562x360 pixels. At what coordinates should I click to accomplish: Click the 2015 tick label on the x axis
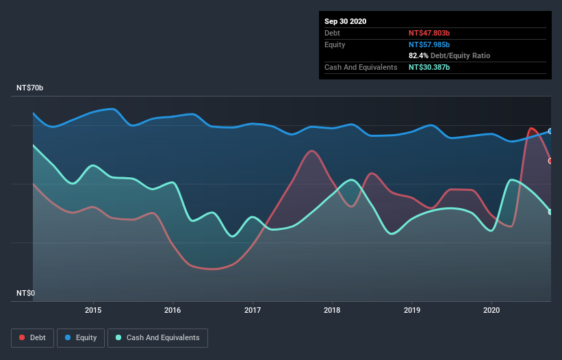point(93,310)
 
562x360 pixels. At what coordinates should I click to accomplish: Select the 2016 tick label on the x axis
point(173,310)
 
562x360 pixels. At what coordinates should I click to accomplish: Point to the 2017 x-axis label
point(253,310)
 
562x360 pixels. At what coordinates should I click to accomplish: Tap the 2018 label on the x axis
point(333,310)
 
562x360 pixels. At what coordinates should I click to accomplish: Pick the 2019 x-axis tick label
point(412,310)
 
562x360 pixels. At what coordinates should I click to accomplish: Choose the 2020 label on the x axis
point(492,310)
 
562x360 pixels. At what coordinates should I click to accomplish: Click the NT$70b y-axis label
point(30,89)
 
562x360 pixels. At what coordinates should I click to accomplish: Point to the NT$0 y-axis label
point(26,294)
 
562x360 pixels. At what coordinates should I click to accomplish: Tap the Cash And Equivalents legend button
point(157,337)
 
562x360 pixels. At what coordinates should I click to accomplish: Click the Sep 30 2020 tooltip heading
point(346,21)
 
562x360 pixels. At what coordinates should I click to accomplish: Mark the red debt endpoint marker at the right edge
point(550,161)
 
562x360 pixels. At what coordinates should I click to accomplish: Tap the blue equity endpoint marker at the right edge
point(550,131)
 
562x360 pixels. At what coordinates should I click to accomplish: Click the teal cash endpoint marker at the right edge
point(550,211)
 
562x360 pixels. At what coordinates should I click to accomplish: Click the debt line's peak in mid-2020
point(531,128)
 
